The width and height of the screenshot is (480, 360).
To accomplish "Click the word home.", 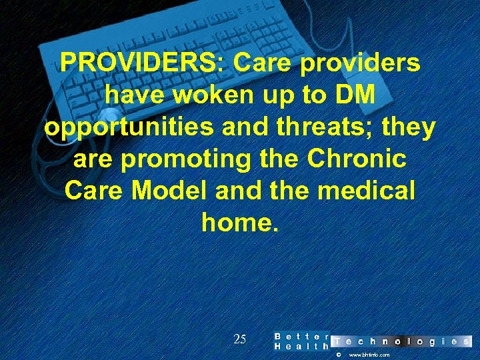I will coord(239,223).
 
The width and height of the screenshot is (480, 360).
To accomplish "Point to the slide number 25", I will coord(240,339).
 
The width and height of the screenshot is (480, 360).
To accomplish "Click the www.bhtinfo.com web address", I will coord(369,355).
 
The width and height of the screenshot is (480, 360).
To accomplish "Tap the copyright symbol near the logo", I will coord(338,355).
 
